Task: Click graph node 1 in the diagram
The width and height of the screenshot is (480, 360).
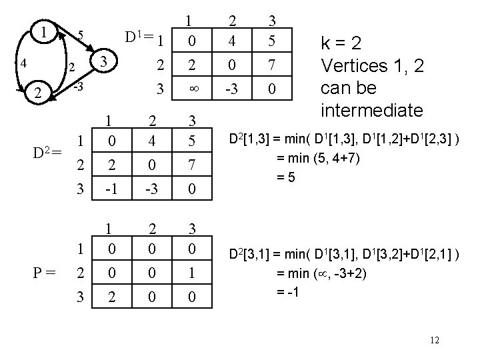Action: [x=43, y=31]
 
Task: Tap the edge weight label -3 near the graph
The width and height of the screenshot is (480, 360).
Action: [x=77, y=87]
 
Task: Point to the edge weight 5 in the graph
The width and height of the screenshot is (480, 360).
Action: [x=80, y=35]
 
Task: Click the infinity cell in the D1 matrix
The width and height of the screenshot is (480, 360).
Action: [x=192, y=89]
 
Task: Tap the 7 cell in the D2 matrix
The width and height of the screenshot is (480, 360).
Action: [x=191, y=165]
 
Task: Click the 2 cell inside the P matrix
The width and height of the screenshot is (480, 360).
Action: [x=110, y=297]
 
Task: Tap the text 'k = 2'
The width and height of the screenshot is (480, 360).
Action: [x=341, y=44]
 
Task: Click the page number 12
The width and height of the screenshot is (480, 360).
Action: [x=434, y=341]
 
